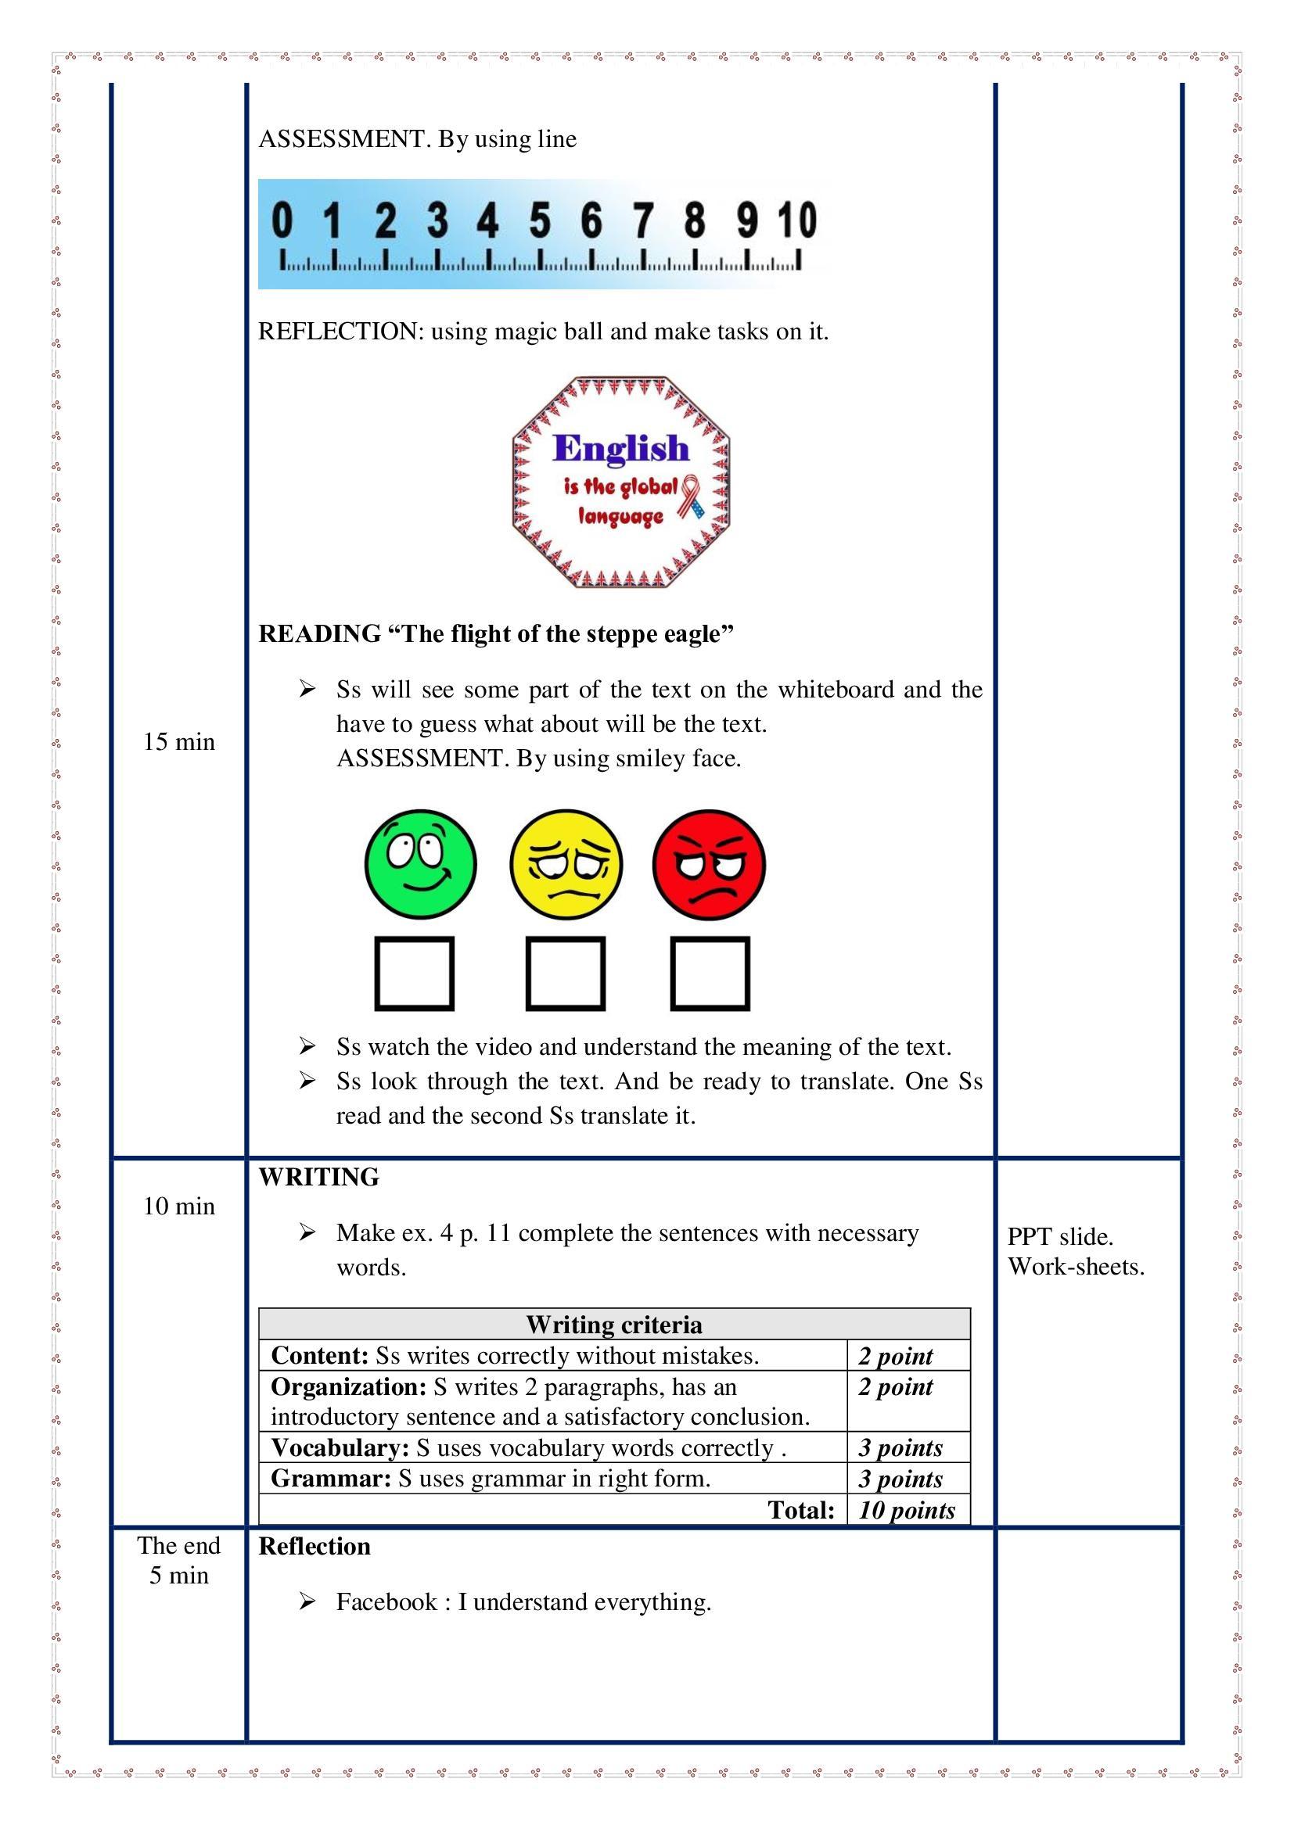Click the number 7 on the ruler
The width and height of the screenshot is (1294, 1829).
click(643, 220)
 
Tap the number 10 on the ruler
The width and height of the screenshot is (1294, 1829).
click(797, 220)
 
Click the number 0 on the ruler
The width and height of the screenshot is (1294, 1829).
click(282, 220)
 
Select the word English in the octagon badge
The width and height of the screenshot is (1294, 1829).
click(620, 448)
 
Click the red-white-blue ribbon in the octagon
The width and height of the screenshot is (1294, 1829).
click(691, 496)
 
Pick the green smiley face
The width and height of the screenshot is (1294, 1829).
click(420, 864)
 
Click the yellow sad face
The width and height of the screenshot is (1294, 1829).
click(565, 864)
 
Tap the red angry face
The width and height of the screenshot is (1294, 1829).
click(708, 864)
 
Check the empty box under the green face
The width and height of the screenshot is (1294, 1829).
click(415, 974)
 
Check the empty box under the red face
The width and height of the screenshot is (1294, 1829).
click(710, 974)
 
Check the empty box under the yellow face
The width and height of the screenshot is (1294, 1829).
click(565, 974)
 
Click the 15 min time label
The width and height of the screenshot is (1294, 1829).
click(178, 741)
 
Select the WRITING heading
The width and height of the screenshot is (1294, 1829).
click(318, 1178)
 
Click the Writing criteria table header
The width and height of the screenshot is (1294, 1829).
click(613, 1325)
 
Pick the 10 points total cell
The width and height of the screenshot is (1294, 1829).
click(907, 1511)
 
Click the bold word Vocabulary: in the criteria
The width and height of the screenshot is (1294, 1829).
click(340, 1447)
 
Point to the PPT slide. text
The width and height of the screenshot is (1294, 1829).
click(1060, 1236)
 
